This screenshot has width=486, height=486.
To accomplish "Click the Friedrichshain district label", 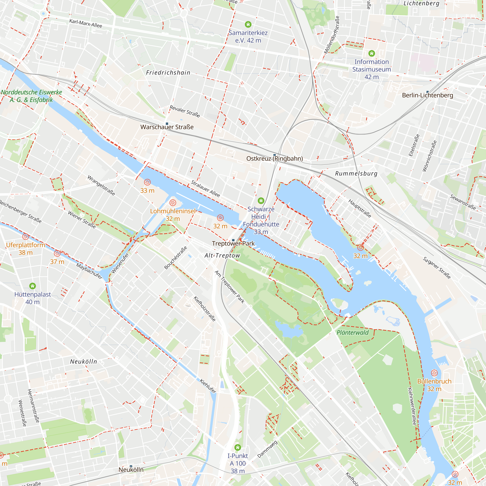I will (168, 73).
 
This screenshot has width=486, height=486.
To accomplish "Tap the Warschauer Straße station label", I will (167, 127).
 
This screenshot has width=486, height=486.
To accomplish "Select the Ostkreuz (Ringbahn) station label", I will (274, 158).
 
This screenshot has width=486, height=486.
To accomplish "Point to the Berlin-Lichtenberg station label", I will (427, 95).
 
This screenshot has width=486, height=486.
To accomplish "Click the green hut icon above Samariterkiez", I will (248, 24).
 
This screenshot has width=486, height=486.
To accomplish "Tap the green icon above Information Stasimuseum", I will (372, 53).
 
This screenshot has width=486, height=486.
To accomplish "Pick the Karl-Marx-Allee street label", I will (86, 24).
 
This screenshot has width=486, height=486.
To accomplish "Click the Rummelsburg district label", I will (356, 174).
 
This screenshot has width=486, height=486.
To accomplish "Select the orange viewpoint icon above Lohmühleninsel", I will (173, 203).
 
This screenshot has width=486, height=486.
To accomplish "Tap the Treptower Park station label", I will (233, 243).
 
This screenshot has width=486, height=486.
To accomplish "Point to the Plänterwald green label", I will (352, 333).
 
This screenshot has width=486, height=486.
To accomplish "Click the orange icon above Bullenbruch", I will (434, 373).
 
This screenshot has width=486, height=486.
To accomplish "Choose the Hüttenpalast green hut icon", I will (33, 286).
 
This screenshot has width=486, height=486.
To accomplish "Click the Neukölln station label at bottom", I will (131, 470).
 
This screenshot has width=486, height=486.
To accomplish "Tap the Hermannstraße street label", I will (33, 406).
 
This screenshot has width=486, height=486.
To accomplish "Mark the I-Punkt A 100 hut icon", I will (237, 448).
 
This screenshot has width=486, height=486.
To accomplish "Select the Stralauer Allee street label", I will (205, 189).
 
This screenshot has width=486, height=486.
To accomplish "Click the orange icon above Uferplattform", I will (26, 236).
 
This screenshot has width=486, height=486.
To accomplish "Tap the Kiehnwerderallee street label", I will (412, 406).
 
